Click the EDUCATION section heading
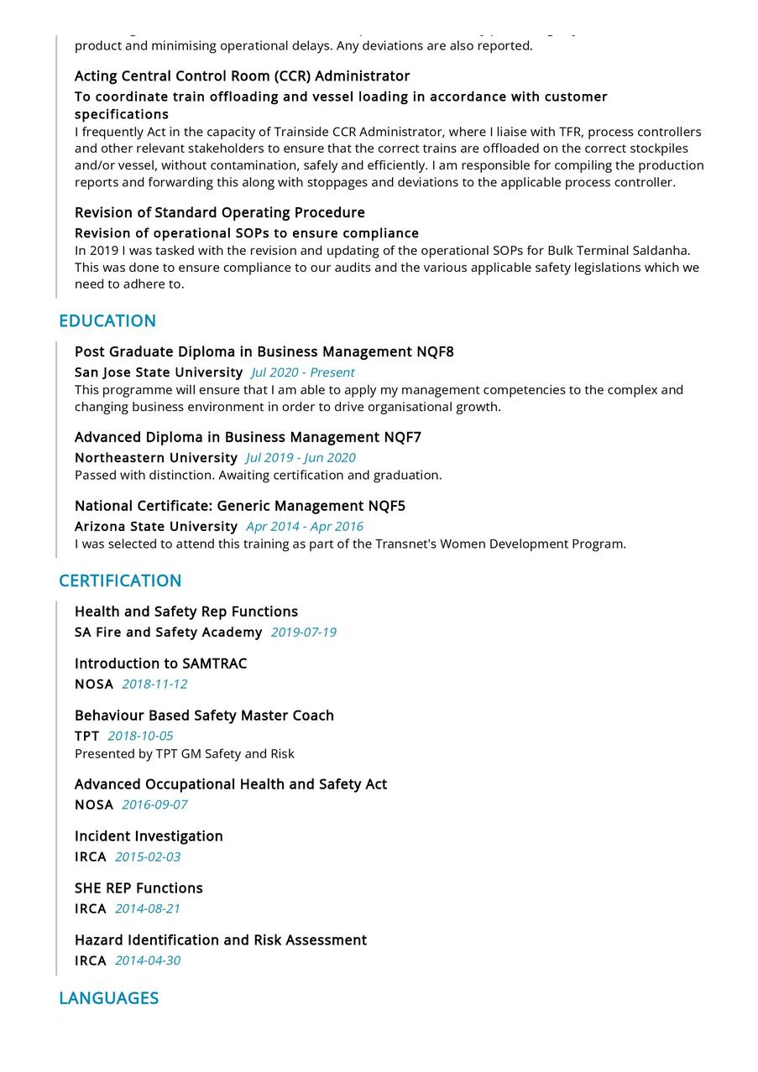(x=107, y=320)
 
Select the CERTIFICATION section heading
(x=120, y=580)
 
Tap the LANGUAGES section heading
(x=108, y=997)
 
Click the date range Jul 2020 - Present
(x=303, y=372)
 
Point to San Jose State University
(x=159, y=372)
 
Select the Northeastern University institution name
(x=156, y=458)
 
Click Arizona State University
(x=156, y=527)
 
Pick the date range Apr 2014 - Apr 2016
(x=305, y=527)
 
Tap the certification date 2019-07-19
(x=303, y=632)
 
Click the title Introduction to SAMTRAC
(x=160, y=663)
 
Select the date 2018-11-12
(x=154, y=684)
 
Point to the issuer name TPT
(x=86, y=736)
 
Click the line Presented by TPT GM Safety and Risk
(x=185, y=753)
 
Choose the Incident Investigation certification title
(x=149, y=836)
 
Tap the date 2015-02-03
(x=148, y=857)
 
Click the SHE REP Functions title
(x=139, y=888)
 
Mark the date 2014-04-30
(x=148, y=961)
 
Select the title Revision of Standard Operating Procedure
(x=219, y=212)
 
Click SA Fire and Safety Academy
(x=168, y=632)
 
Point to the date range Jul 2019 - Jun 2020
(x=301, y=458)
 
